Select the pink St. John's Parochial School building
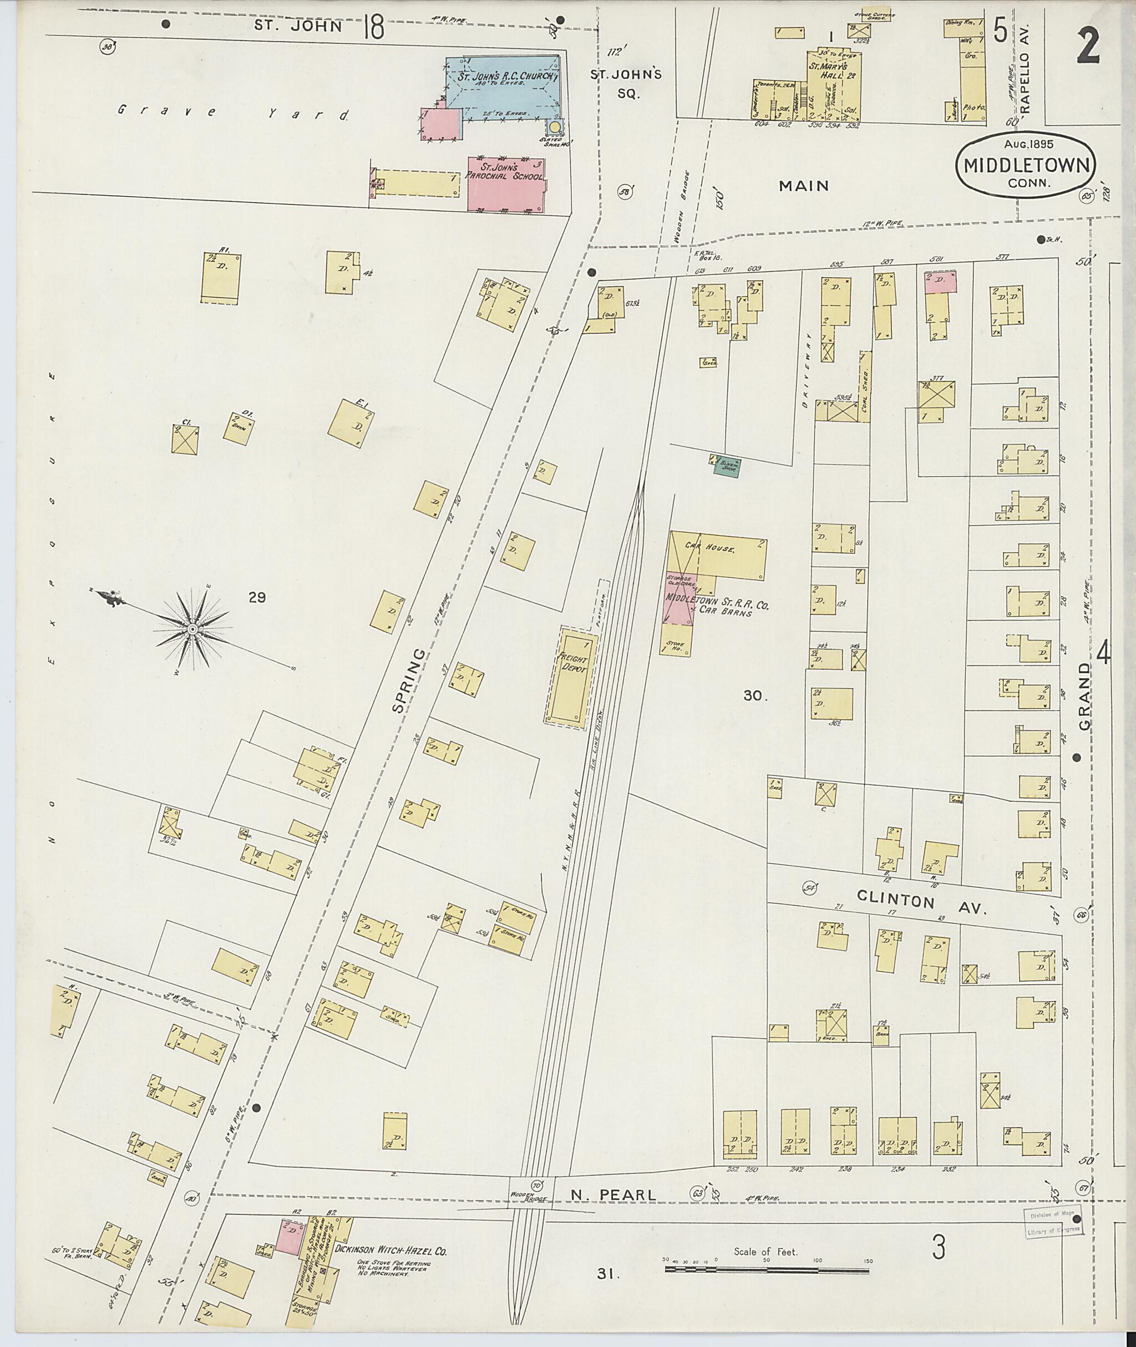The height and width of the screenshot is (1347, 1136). pyautogui.click(x=505, y=184)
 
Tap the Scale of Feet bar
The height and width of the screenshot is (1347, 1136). pyautogui.click(x=767, y=1269)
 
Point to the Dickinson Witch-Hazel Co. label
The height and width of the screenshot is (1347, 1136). pyautogui.click(x=390, y=1251)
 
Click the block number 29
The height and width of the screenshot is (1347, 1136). pyautogui.click(x=257, y=597)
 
